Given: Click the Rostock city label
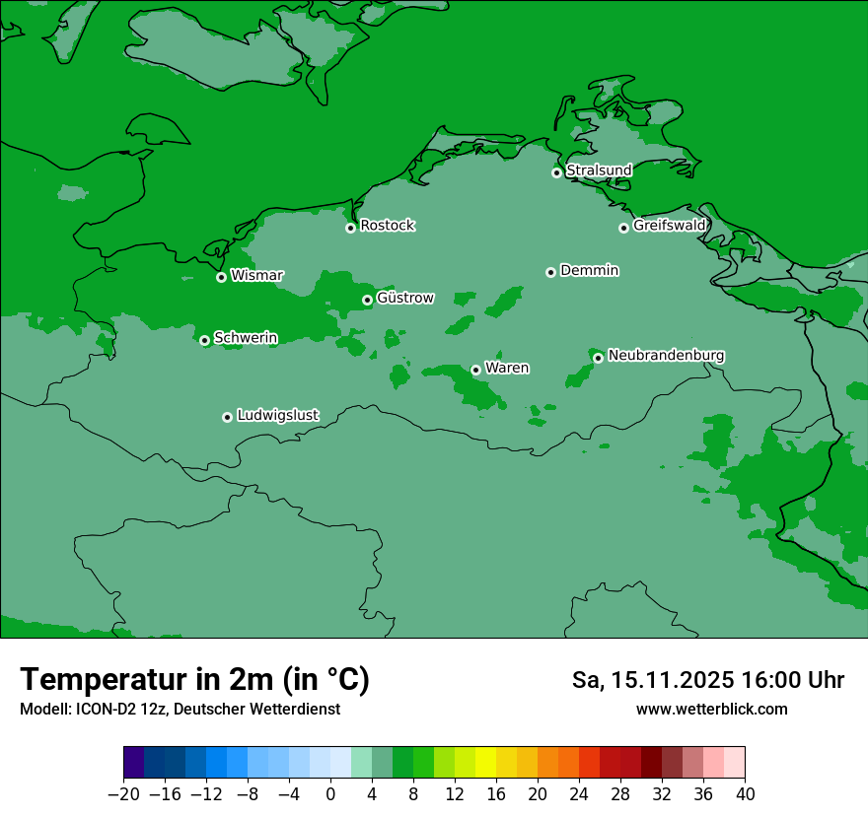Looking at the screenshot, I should click(387, 226).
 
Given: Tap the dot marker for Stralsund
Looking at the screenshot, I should click(556, 172).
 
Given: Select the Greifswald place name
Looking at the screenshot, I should click(669, 226).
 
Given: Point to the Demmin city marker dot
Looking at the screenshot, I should click(550, 272).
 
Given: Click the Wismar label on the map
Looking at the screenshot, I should click(256, 276).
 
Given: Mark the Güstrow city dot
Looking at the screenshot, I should click(367, 300).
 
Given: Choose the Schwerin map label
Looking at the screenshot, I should click(246, 338).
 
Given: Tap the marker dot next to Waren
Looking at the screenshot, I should click(475, 370).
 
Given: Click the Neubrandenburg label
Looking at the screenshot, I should click(666, 356).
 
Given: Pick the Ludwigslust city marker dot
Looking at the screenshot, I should click(227, 417).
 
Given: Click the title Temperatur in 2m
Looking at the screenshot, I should click(194, 680).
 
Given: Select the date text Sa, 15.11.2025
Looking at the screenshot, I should click(651, 680).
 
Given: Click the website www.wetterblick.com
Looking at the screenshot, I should click(711, 710).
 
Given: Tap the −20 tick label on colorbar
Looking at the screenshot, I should click(123, 794).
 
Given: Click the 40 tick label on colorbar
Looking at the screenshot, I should click(745, 794).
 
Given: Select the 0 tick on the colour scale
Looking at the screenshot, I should click(330, 794).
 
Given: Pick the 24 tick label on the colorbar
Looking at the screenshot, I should click(579, 794).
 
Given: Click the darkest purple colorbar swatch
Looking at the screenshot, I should click(134, 763).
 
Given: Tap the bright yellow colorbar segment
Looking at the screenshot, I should click(485, 763).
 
